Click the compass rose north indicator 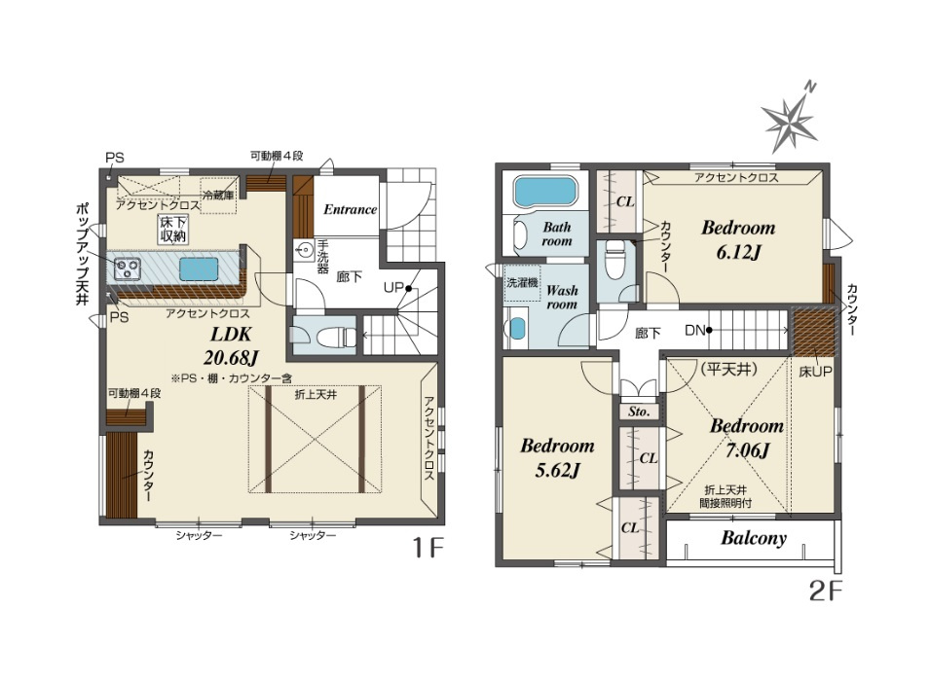(x=790, y=123)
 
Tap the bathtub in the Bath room (x=545, y=191)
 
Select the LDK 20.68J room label (x=231, y=345)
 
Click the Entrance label (x=350, y=209)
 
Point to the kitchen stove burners (x=127, y=269)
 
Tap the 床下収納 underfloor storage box (x=172, y=229)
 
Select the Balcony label (x=754, y=538)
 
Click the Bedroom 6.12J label (x=738, y=239)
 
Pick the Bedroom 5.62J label (x=557, y=457)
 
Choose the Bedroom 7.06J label (x=747, y=438)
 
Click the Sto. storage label (x=639, y=412)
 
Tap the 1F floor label (x=428, y=549)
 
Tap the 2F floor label (x=826, y=591)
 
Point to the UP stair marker (x=397, y=288)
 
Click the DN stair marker (x=698, y=330)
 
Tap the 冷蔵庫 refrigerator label (x=218, y=195)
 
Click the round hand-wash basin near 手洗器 (x=306, y=249)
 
